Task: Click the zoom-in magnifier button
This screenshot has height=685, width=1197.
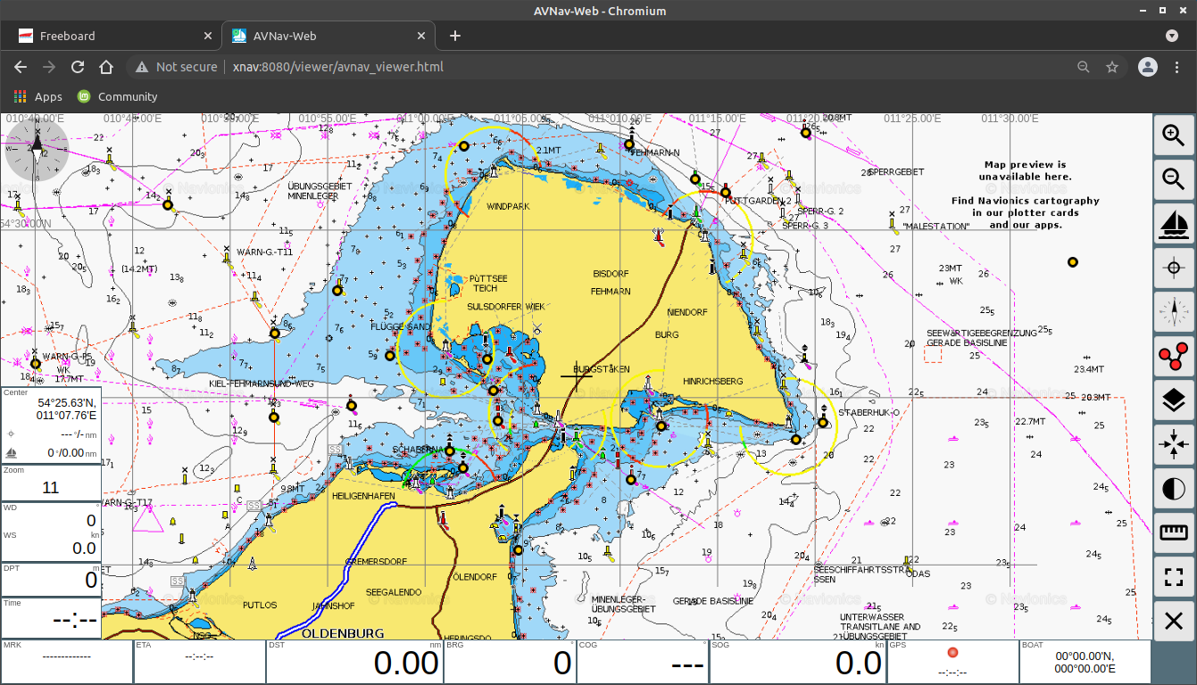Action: click(1173, 135)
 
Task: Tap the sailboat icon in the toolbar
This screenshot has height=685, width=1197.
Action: click(1173, 223)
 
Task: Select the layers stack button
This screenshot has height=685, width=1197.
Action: click(1173, 400)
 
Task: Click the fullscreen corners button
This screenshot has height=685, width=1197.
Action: click(1173, 577)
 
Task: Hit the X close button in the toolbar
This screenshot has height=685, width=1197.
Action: click(1173, 621)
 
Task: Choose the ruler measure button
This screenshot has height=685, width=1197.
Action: click(1173, 532)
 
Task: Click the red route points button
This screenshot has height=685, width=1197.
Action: click(1173, 356)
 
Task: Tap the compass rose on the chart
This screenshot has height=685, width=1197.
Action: click(37, 150)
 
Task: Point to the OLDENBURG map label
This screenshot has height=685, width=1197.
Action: click(343, 633)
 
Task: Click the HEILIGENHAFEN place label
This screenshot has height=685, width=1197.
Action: click(362, 495)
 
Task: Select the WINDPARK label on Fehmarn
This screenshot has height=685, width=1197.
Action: click(508, 207)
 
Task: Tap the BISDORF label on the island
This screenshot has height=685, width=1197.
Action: click(611, 274)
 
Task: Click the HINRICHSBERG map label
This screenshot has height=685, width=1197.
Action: click(712, 382)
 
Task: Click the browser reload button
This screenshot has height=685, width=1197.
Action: click(78, 67)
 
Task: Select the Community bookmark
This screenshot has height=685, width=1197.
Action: click(127, 96)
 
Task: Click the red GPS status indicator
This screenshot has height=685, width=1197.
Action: click(952, 653)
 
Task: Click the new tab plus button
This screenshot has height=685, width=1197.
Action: click(455, 36)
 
